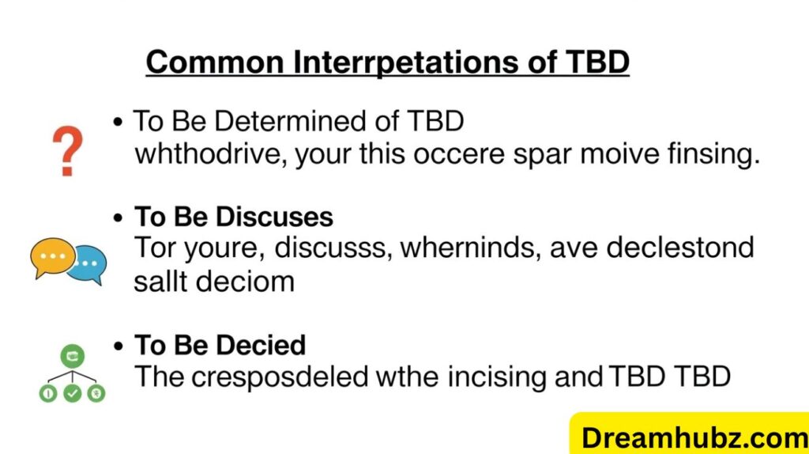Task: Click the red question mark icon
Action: pos(67,151)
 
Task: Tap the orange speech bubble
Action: pos(53,256)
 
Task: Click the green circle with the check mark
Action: pos(73,392)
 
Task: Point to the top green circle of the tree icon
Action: pos(72,355)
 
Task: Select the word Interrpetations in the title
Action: pos(397,61)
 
